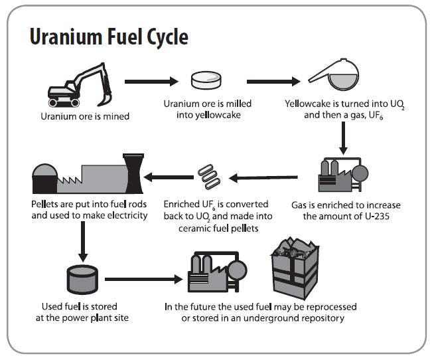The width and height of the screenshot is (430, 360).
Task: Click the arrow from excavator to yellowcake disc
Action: pos(152,82)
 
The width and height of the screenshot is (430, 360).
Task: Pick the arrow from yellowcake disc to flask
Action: pos(273,82)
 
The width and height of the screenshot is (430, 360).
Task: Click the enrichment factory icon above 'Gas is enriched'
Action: pos(342,175)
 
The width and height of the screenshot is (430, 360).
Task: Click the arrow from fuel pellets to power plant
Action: pos(169,177)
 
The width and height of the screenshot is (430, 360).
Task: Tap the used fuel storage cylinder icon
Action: pos(82,279)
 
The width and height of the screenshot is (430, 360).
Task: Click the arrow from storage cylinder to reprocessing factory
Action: pos(143,279)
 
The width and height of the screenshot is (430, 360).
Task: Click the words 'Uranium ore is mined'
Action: pos(85,116)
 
